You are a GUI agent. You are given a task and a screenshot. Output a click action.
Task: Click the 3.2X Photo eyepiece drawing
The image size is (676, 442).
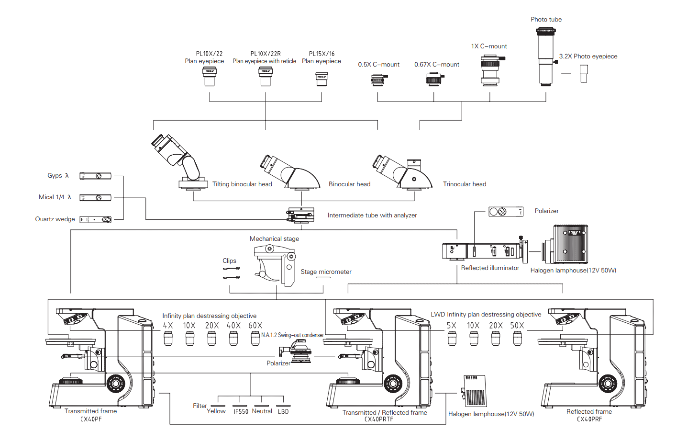(584, 74)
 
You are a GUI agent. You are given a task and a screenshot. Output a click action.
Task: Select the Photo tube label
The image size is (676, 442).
(546, 20)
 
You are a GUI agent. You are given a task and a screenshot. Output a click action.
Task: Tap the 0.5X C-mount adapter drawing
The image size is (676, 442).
(378, 80)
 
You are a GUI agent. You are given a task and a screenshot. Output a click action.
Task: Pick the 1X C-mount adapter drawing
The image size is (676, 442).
(490, 70)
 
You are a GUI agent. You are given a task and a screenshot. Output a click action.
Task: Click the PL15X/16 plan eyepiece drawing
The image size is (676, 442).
(321, 79)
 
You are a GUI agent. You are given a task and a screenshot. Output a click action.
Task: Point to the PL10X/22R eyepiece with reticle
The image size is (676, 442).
(266, 77)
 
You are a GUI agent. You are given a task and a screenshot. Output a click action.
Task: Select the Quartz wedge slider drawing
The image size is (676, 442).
(96, 219)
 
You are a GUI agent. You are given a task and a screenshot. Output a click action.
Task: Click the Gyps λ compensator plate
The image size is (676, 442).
(95, 176)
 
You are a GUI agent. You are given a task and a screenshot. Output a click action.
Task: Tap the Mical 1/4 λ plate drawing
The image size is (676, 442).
(95, 197)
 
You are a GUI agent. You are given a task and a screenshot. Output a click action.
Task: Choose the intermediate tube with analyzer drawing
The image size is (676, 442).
(301, 215)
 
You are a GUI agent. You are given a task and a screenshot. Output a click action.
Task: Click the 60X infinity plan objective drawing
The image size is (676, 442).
(255, 338)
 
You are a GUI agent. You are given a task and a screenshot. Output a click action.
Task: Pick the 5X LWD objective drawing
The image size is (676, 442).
(452, 338)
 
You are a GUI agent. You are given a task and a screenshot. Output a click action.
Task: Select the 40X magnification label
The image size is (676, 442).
(233, 326)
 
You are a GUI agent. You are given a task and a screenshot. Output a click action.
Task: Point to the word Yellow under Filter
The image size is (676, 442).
(216, 411)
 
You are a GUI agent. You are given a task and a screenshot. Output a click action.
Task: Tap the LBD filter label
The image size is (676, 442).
(283, 412)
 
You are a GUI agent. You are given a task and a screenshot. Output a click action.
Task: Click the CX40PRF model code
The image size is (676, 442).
(589, 419)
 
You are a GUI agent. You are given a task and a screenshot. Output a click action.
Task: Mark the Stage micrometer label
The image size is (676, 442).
(326, 272)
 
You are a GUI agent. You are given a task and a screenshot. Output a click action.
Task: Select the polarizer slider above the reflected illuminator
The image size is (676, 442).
(506, 211)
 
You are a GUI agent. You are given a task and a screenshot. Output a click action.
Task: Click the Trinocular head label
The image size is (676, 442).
(464, 184)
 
